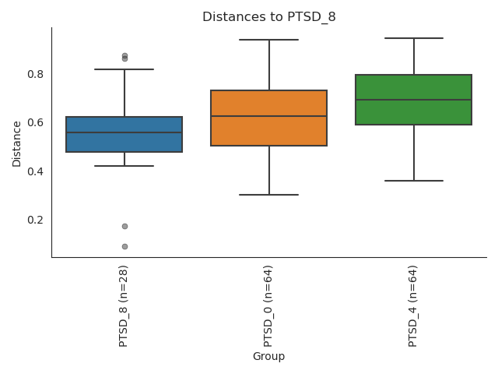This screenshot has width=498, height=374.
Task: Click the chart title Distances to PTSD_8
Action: (x=269, y=17)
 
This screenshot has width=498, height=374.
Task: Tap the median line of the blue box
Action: (x=124, y=132)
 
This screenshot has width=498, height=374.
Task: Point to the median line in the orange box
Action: (x=268, y=116)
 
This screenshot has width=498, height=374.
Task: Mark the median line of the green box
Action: (x=413, y=100)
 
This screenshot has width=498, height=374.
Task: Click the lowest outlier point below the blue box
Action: (x=124, y=246)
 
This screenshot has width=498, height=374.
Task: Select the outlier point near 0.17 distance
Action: (x=124, y=226)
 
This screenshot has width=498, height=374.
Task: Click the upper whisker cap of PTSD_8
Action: (x=124, y=69)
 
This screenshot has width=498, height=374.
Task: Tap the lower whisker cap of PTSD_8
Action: (x=124, y=166)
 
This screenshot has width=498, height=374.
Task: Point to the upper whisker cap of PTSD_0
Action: (x=268, y=40)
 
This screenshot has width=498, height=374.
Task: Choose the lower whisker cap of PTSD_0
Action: (x=268, y=195)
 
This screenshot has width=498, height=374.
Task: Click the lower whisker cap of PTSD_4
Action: (x=413, y=181)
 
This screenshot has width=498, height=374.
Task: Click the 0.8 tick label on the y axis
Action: (x=34, y=75)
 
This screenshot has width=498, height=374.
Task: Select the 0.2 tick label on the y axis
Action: (x=34, y=220)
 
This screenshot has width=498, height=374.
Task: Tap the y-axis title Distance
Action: (x=17, y=143)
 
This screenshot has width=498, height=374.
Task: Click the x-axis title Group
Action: (x=268, y=357)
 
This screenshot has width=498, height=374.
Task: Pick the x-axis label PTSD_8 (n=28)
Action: (x=124, y=305)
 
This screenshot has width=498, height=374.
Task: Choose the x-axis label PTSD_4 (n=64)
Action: (x=413, y=305)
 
